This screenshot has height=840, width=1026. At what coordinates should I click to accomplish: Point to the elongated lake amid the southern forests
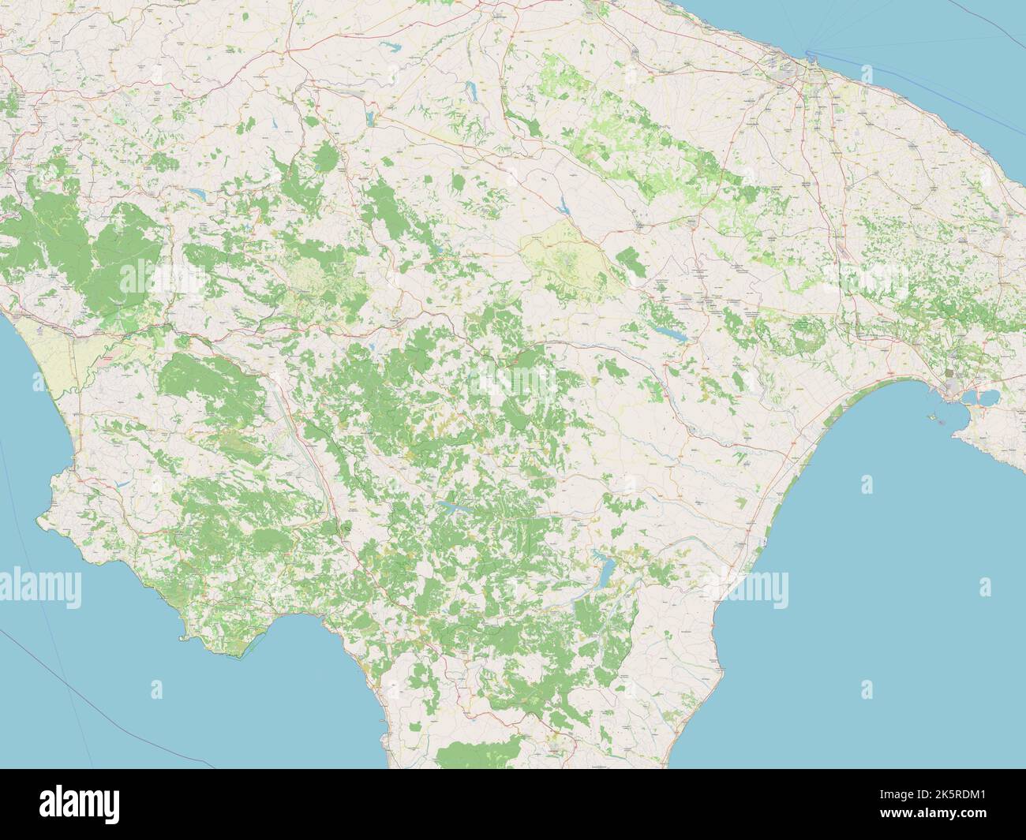455,508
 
